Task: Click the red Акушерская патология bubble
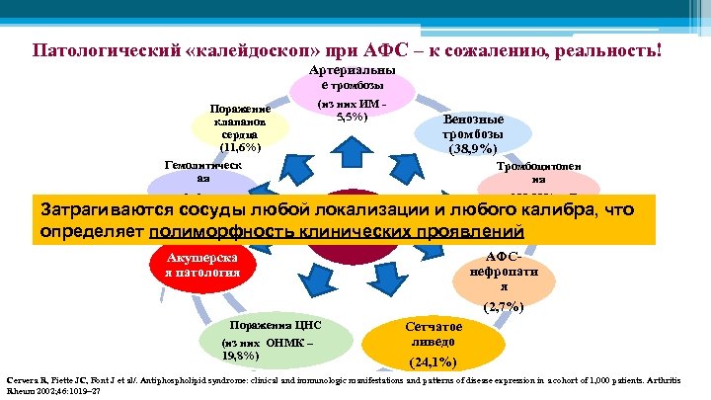pyautogui.click(x=196, y=263)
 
